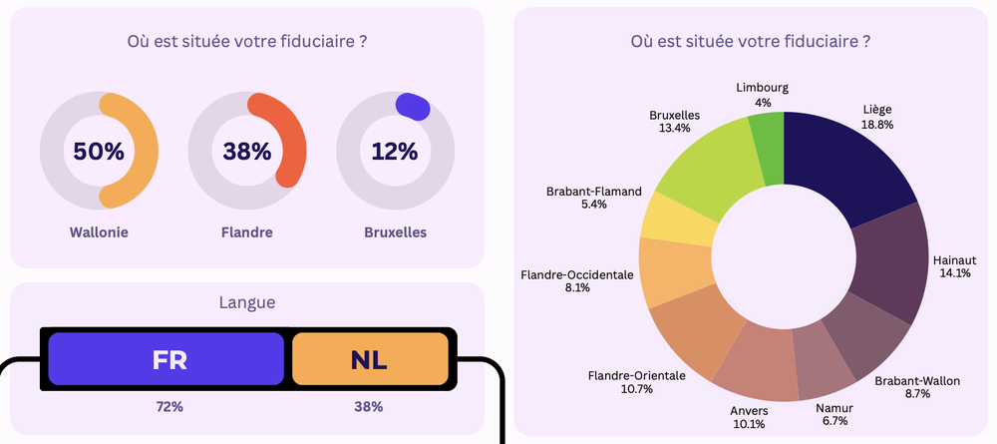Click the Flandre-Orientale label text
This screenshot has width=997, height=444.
(636, 375)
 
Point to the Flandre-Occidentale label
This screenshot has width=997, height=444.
(576, 273)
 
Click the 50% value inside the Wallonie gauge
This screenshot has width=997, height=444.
(99, 152)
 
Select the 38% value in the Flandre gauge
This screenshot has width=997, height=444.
(247, 152)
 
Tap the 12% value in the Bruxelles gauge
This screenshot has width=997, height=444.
(395, 152)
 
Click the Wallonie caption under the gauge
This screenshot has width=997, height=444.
(99, 232)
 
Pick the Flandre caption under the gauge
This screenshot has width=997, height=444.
(247, 232)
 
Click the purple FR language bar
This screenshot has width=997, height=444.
(166, 359)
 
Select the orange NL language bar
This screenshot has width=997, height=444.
(369, 359)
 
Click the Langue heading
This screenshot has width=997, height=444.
(246, 301)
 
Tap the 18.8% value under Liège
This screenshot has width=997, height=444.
(877, 125)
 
